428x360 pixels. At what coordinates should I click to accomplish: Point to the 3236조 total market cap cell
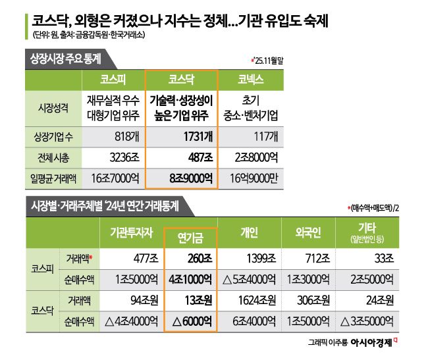pyautogui.click(x=113, y=159)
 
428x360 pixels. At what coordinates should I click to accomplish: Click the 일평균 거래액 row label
pyautogui.click(x=52, y=178)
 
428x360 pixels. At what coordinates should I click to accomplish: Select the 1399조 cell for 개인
pyautogui.click(x=249, y=259)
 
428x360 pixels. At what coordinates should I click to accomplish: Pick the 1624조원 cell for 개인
pyautogui.click(x=249, y=301)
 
